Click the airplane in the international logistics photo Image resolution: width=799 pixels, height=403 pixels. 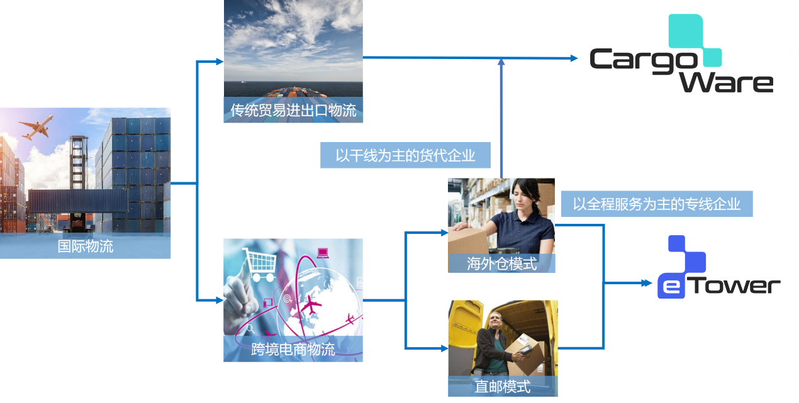[x=36, y=128]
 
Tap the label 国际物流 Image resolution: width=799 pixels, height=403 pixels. [x=86, y=246]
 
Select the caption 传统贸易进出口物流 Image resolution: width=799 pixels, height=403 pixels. [x=293, y=111]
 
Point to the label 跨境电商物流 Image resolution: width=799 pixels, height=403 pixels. [x=293, y=349]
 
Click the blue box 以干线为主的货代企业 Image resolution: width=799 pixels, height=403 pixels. [x=405, y=155]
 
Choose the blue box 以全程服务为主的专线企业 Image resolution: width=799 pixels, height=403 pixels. [x=657, y=204]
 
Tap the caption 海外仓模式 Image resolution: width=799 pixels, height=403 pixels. [x=501, y=263]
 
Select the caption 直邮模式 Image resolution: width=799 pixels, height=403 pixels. [x=502, y=386]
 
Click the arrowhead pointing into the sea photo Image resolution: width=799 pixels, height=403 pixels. [x=220, y=62]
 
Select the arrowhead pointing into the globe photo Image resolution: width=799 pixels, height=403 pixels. [x=220, y=301]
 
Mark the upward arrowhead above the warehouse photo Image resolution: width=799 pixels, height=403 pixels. [x=501, y=62]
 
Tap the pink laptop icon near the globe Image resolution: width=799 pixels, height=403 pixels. [x=323, y=253]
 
